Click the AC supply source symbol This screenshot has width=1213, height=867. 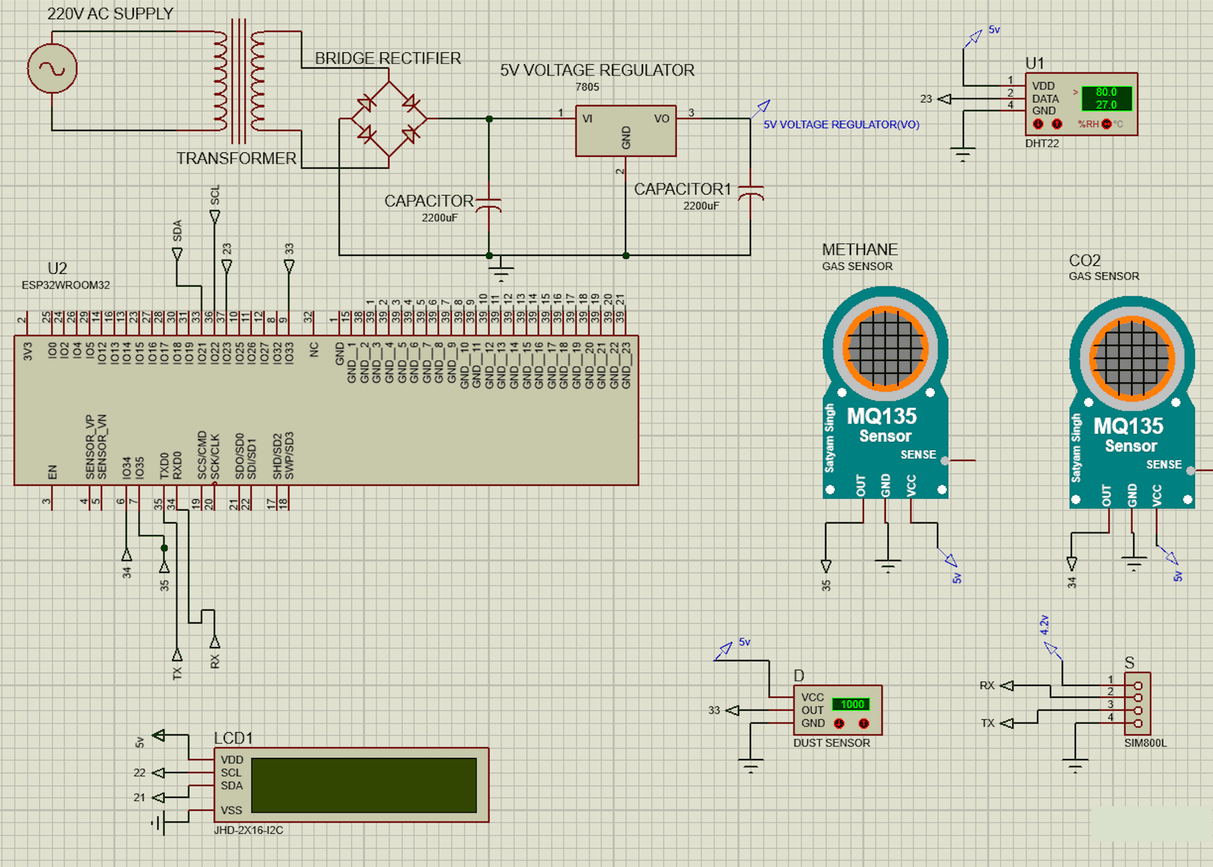52,69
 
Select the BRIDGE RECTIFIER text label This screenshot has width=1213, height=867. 387,58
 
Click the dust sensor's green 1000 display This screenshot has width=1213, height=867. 851,704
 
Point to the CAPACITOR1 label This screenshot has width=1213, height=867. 682,189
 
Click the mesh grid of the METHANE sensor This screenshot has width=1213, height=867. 885,349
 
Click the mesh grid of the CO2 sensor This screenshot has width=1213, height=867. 1131,359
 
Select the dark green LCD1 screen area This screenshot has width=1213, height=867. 364,785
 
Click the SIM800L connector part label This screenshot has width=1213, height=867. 1145,743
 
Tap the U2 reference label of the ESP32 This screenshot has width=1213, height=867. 57,268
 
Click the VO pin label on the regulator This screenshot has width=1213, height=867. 661,119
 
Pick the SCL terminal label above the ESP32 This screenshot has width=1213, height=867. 215,195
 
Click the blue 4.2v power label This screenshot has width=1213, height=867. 1044,625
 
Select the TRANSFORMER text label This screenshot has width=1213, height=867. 236,159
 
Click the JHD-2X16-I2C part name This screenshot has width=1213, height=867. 248,830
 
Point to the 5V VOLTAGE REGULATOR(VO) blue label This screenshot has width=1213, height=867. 841,125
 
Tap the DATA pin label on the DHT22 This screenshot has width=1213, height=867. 1045,98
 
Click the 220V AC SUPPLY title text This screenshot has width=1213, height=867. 110,13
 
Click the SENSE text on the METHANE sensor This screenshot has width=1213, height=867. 918,454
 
